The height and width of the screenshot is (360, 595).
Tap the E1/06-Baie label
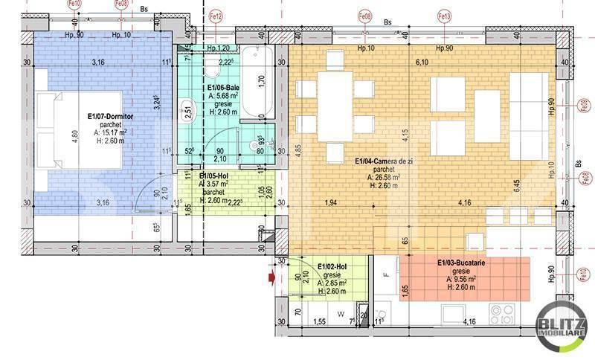(x=222, y=88)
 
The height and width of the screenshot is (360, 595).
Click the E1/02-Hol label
(x=332, y=266)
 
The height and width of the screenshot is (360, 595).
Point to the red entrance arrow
(x=271, y=278)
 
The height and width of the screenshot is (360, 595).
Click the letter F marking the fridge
(x=385, y=275)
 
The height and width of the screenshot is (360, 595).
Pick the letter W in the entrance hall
(x=340, y=314)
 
